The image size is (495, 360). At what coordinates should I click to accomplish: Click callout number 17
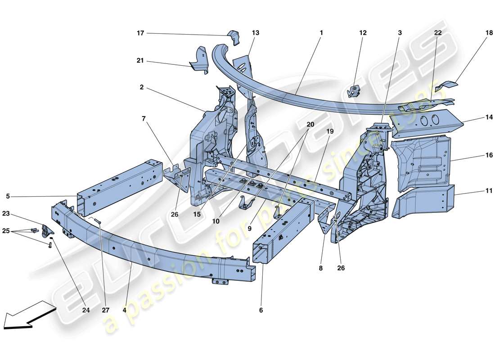coord(140,33)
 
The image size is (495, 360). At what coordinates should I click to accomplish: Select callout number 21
coord(140,60)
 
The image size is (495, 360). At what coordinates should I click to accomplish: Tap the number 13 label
coord(256,33)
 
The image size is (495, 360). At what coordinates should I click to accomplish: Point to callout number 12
coord(363,33)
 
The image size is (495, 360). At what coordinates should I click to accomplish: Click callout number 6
coord(261,310)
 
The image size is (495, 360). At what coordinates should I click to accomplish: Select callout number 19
coord(330,131)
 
